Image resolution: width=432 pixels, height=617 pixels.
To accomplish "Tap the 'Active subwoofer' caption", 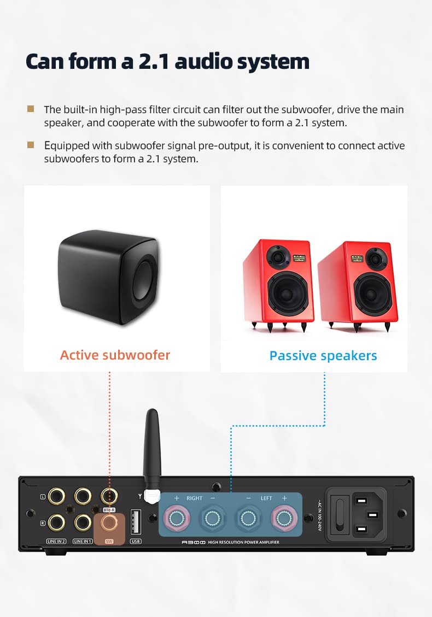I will tap(115, 355).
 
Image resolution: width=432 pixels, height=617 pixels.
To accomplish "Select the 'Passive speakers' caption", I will tap(323, 356).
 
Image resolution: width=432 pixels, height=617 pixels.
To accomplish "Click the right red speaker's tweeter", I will tap(375, 257).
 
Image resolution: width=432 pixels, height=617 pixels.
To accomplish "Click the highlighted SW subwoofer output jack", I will tap(109, 523).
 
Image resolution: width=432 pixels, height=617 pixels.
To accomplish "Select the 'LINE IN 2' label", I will tap(56, 541).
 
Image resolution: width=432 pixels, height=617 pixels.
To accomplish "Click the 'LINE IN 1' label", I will tap(83, 541).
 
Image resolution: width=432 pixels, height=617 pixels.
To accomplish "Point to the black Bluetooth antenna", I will tap(151, 443).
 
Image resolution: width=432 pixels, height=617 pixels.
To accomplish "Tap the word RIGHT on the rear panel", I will tap(194, 498).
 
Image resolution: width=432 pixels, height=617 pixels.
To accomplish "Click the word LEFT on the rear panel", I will tap(266, 498).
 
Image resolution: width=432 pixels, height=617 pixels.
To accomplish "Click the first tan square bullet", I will tap(31, 109).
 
